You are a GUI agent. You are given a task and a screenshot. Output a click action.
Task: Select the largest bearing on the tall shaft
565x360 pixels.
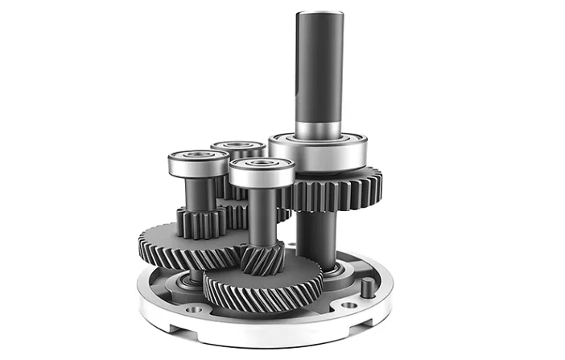click(x=317, y=152)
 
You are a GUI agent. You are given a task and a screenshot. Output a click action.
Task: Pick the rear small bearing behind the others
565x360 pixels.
click(x=238, y=148)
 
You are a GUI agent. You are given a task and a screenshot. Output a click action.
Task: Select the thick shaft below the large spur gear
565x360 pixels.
click(x=316, y=238)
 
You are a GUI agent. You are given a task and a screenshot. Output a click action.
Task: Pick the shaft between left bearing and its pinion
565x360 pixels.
click(x=199, y=193)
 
